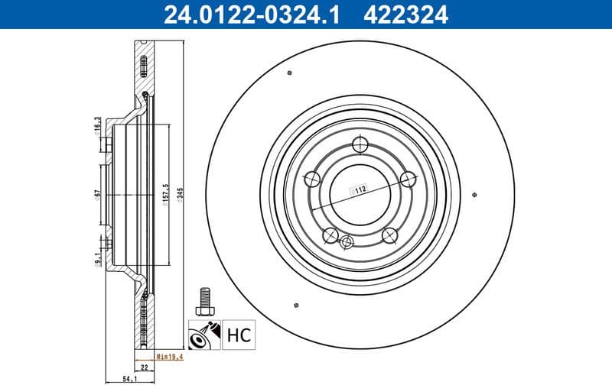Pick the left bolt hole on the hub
tap(312, 180)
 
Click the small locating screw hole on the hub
tap(347, 244)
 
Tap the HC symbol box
tap(238, 333)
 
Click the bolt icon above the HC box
tap(203, 299)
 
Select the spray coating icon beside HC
tap(204, 333)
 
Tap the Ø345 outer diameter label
tap(180, 196)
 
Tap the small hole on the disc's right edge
tap(476, 192)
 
